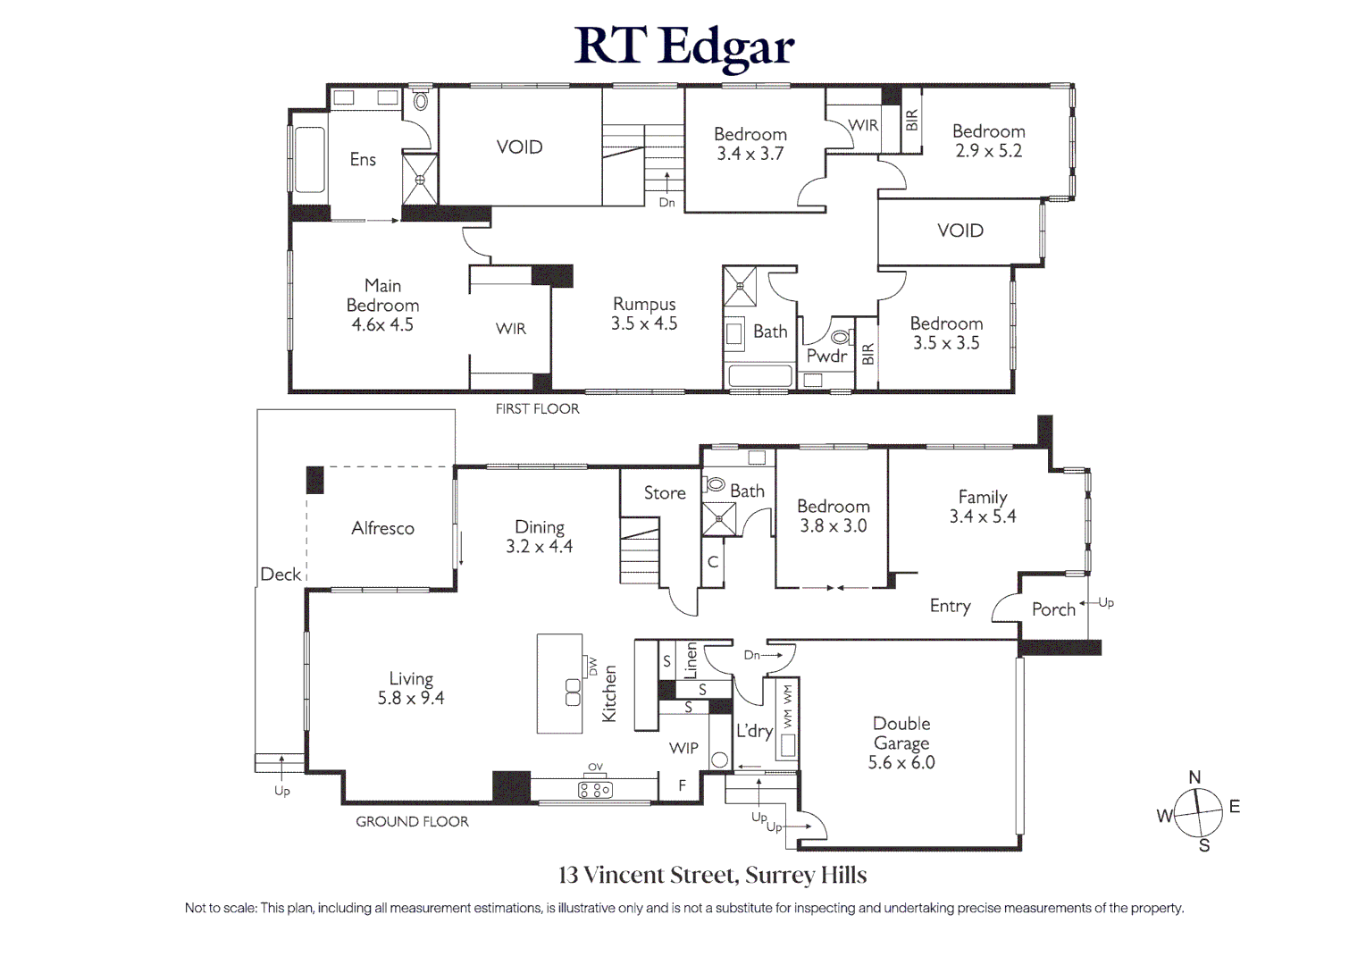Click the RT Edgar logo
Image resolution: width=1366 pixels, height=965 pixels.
click(684, 47)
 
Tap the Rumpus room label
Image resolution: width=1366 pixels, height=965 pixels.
click(644, 304)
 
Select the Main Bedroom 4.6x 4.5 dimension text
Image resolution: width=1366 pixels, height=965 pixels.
click(382, 324)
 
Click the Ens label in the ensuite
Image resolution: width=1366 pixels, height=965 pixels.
click(363, 159)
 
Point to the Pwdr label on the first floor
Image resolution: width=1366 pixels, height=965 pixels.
click(827, 356)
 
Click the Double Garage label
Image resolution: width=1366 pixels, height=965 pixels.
click(901, 734)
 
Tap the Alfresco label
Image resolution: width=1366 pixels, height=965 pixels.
click(382, 528)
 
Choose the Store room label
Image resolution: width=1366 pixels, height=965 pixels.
click(665, 493)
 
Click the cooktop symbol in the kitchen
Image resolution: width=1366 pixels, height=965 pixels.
click(595, 790)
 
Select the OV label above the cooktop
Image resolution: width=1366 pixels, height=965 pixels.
click(595, 767)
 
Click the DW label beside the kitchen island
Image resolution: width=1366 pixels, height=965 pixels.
click(592, 666)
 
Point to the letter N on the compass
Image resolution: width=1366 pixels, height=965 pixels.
click(1194, 777)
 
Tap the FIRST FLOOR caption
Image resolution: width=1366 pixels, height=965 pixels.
click(537, 408)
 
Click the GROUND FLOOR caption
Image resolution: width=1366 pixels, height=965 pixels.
click(412, 822)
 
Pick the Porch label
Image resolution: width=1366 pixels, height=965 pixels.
click(1053, 608)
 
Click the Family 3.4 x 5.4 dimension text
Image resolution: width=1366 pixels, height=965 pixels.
click(983, 516)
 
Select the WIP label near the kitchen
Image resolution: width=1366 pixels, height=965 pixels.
click(683, 748)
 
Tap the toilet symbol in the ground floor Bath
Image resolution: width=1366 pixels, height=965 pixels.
click(714, 485)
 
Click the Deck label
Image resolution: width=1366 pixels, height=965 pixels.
click(281, 574)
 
